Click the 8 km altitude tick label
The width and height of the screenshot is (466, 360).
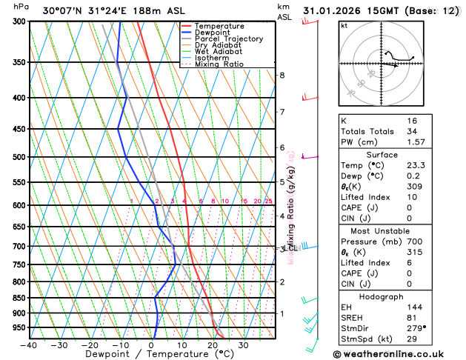(x=282, y=75)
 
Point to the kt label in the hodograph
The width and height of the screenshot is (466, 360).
(x=344, y=26)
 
